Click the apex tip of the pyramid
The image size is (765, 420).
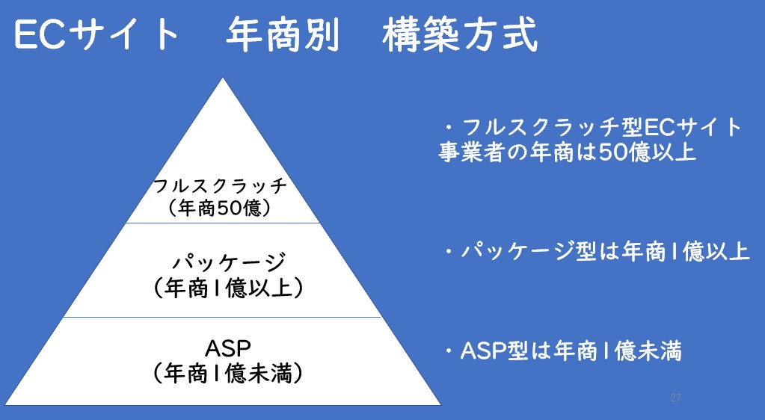pyautogui.click(x=223, y=79)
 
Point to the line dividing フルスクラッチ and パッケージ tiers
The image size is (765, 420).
pyautogui.click(x=223, y=223)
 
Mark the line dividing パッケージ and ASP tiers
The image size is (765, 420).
pyautogui.click(x=223, y=317)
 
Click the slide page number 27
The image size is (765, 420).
pyautogui.click(x=675, y=398)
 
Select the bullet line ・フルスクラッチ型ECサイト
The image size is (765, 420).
pyautogui.click(x=591, y=127)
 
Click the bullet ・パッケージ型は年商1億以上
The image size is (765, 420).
pyautogui.click(x=595, y=251)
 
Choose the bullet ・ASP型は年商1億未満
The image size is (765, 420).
pyautogui.click(x=562, y=351)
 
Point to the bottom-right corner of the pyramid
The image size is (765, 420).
pyautogui.click(x=440, y=404)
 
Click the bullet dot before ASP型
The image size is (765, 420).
pyautogui.click(x=449, y=352)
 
